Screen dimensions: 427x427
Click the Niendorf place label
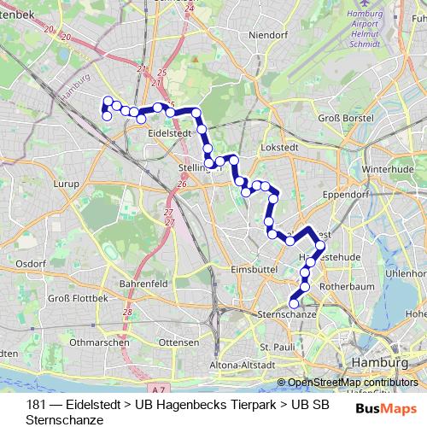pyautogui.click(x=267, y=35)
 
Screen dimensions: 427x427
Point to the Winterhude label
pyautogui.click(x=387, y=169)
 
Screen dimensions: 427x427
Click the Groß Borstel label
pyautogui.click(x=341, y=117)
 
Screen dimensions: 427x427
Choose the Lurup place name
pyautogui.click(x=65, y=184)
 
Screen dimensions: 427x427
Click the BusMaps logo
pyautogui.click(x=386, y=408)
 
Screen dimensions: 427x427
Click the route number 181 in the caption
pyautogui.click(x=36, y=404)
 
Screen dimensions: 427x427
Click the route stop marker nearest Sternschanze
pyautogui.click(x=293, y=302)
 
